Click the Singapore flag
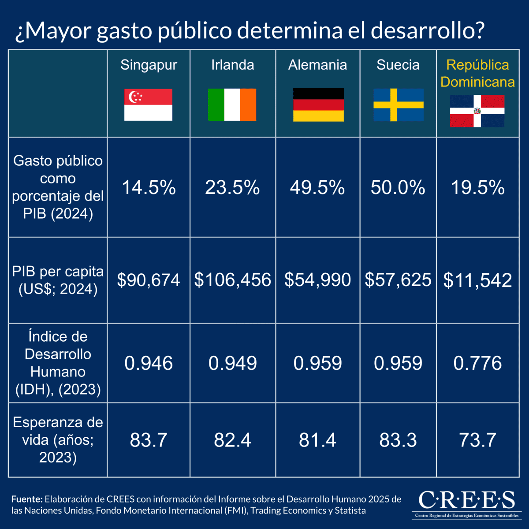coord(148,105)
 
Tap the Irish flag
coord(232,105)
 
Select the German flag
coord(318,105)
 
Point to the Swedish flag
coord(399,105)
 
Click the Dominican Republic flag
coord(477,111)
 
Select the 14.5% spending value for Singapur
coord(149,188)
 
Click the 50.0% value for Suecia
coord(398,188)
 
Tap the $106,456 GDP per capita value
coord(232,280)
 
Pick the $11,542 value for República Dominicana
coord(477,280)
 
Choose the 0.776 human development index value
coord(477,363)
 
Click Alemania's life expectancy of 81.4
coord(317,440)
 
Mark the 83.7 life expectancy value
coord(149,440)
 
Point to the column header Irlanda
coord(232,65)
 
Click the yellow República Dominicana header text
coord(477,73)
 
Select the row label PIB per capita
coord(58,280)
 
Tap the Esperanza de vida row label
coord(58,440)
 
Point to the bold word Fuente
coord(27,499)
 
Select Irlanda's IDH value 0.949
coord(232,363)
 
